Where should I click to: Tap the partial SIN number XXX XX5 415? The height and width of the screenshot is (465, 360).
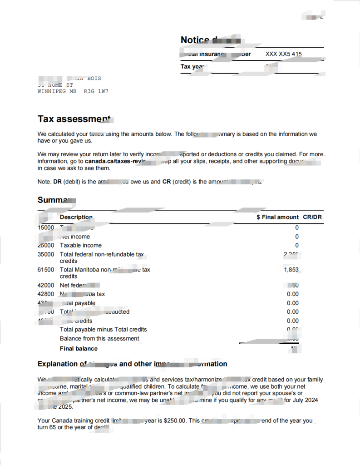(283, 54)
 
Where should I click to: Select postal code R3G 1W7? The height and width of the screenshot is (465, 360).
(96, 91)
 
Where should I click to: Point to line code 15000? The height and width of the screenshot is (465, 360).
(45, 228)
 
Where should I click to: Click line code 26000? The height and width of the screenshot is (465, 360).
(45, 245)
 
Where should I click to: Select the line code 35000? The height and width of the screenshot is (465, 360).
(45, 254)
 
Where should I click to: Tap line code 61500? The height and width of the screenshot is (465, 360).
(45, 270)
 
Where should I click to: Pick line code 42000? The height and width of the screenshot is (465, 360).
(45, 285)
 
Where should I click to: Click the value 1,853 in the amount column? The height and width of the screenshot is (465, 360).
(291, 270)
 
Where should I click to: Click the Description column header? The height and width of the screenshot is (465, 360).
(76, 217)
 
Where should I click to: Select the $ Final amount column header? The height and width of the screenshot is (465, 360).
(277, 217)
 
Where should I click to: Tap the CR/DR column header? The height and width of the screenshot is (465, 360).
(312, 217)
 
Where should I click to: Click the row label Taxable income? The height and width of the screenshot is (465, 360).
(81, 245)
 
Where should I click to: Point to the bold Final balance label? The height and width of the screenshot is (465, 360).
(79, 349)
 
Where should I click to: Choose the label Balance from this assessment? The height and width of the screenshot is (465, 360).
(99, 338)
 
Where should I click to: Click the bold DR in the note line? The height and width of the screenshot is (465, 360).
(58, 182)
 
